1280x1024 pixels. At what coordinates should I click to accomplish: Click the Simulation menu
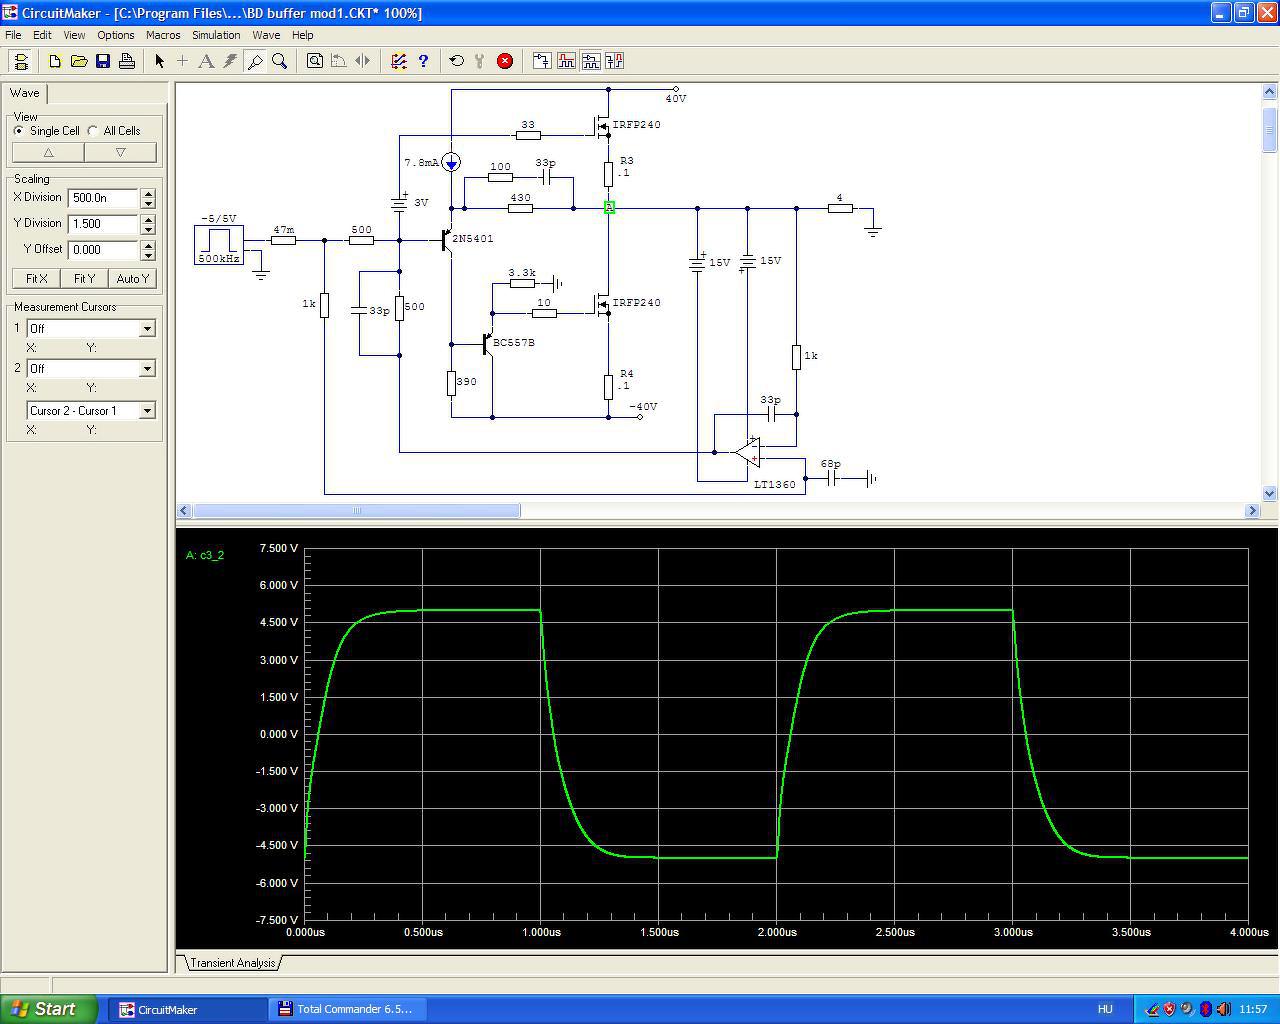pos(216,35)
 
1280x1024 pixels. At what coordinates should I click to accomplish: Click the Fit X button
pos(36,278)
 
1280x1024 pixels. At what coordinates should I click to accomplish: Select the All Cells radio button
pos(93,131)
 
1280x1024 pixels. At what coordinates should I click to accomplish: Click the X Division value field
pos(103,198)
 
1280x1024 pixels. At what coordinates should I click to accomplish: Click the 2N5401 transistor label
pos(472,239)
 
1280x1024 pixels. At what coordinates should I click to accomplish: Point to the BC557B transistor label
pos(514,343)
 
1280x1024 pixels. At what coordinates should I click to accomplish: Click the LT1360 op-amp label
pos(774,484)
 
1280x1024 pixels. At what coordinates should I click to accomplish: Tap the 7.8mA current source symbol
pos(451,162)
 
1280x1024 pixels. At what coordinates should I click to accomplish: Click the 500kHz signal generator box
pos(219,245)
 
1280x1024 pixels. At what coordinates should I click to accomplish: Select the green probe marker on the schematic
pos(609,207)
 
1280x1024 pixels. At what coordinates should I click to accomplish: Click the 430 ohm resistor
pos(520,208)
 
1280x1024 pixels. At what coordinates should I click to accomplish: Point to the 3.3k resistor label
pos(522,273)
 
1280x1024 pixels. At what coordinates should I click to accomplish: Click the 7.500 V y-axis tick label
pos(278,548)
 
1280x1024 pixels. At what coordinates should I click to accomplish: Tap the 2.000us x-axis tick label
pos(777,932)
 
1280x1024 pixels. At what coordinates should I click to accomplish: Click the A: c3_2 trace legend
pos(205,555)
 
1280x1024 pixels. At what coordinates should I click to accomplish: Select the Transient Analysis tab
pos(233,963)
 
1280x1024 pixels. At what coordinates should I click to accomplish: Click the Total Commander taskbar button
pos(347,1009)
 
